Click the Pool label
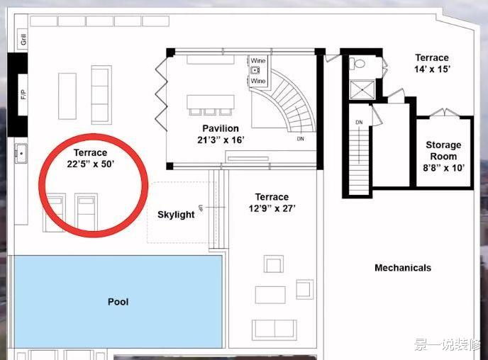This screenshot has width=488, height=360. pos(118,302)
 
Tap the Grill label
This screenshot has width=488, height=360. pos(23,39)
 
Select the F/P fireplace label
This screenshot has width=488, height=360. pos(23,94)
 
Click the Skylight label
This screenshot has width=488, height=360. pos(176,215)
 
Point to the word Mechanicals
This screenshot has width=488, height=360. pos(403,268)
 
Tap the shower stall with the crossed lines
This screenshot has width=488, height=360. pos(362,90)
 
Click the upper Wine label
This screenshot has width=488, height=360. pos(258,60)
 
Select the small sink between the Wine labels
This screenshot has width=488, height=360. pos(255,70)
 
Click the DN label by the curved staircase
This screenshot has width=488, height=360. pos(300,139)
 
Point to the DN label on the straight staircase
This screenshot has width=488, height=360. pos(359,123)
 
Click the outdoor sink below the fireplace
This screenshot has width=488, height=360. pos(21,154)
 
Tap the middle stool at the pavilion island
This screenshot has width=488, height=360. pos(210,111)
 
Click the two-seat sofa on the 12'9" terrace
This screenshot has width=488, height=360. pos(274,330)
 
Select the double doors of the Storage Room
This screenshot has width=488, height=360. pos(445,113)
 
